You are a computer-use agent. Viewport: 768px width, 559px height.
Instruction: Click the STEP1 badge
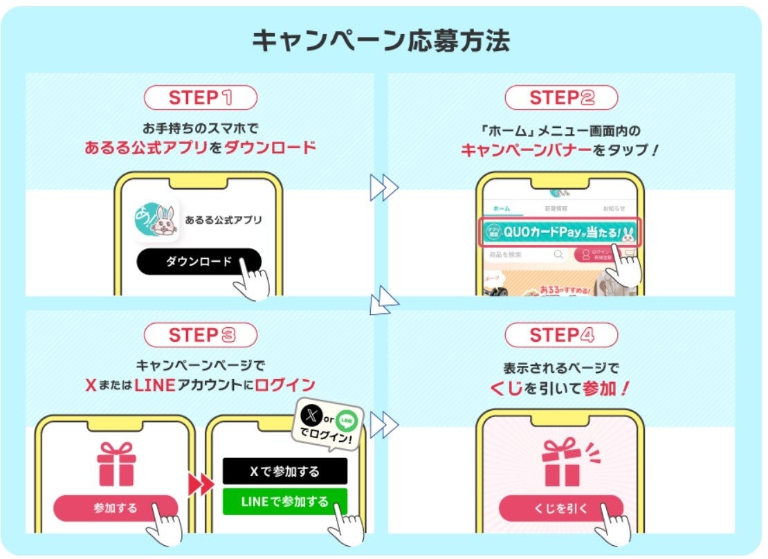pos(200,98)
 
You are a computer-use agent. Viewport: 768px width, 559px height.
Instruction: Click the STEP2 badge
pos(561,98)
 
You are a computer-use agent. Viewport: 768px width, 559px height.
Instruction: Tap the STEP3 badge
pos(200,336)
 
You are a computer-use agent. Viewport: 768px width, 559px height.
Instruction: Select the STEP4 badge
pos(561,336)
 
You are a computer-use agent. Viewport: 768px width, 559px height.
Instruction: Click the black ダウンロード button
pos(199,262)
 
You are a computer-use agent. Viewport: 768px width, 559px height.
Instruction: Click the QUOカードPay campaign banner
pos(559,232)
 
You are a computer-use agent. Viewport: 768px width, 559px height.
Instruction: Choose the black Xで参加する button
pos(284,471)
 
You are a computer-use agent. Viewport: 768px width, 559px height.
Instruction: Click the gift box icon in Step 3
pos(116,464)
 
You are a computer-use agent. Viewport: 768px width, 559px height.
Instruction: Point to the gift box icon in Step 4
pos(561,461)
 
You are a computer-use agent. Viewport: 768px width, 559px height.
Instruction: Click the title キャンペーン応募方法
pos(381,41)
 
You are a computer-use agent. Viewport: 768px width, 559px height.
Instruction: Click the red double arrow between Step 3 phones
pos(201,484)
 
